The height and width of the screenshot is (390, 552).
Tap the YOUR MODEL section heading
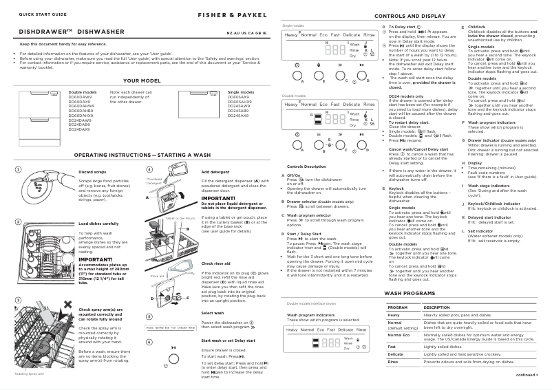pos(141,80)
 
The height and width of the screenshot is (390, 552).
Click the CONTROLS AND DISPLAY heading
pos(409,16)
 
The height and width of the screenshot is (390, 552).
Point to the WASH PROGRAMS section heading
pos(409,293)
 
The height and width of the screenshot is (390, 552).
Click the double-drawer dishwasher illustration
pos(41,111)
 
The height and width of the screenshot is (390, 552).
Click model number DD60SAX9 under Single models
pos(238,97)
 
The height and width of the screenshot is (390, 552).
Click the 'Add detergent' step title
pos(215,172)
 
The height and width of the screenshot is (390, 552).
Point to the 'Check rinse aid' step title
pos(216,263)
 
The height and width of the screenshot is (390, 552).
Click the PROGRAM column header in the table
pos(399,307)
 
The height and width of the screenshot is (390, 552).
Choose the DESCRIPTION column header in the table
pos(437,307)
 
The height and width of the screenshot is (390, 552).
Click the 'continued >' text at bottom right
pos(527,375)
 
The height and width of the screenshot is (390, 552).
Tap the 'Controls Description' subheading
pos(306,166)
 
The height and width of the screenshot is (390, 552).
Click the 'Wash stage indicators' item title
pos(490,185)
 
